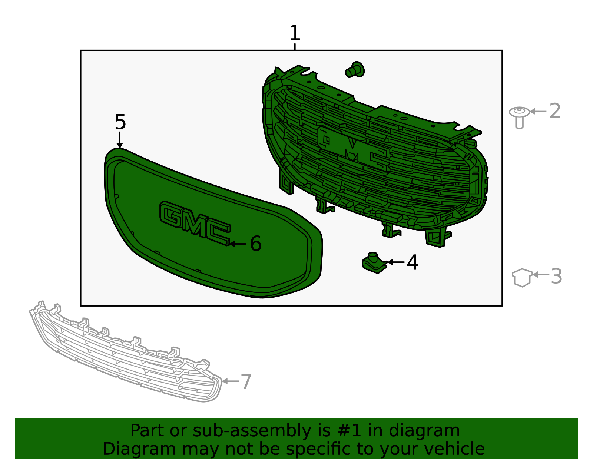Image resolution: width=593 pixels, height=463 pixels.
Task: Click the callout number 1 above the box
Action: click(295, 33)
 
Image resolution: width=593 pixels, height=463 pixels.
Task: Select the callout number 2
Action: click(555, 111)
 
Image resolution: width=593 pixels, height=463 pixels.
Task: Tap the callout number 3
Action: click(556, 276)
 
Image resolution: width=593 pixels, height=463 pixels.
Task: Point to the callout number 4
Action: click(413, 262)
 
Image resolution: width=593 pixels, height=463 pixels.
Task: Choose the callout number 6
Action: click(255, 244)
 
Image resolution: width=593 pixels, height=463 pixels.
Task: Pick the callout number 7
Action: click(246, 381)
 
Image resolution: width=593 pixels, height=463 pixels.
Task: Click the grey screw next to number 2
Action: click(519, 117)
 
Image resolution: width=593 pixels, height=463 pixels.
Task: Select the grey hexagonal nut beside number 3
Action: click(522, 278)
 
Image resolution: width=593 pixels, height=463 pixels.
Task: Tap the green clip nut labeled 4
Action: click(374, 263)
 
